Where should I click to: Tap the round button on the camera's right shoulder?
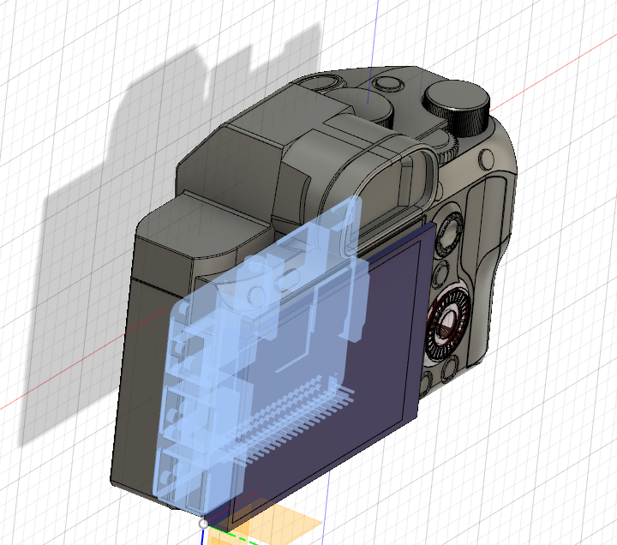(x=488, y=159)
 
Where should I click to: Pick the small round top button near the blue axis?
(x=388, y=85)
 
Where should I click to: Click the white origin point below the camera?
(x=202, y=522)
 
